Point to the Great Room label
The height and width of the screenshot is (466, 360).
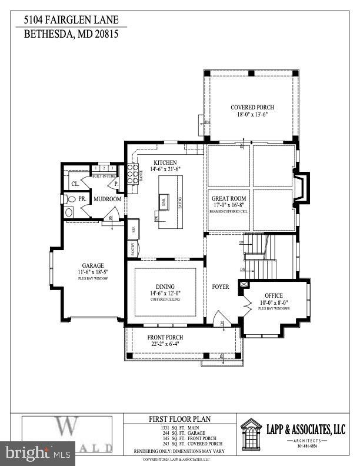tap(228, 199)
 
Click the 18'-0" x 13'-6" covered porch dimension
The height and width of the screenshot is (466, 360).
tap(252, 115)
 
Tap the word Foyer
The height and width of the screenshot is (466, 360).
tap(220, 287)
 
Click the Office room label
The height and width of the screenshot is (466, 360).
tap(274, 295)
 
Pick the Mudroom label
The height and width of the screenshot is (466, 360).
tap(108, 199)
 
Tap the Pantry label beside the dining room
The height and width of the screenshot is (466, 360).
tap(133, 249)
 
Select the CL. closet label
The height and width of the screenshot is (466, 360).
tap(75, 183)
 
